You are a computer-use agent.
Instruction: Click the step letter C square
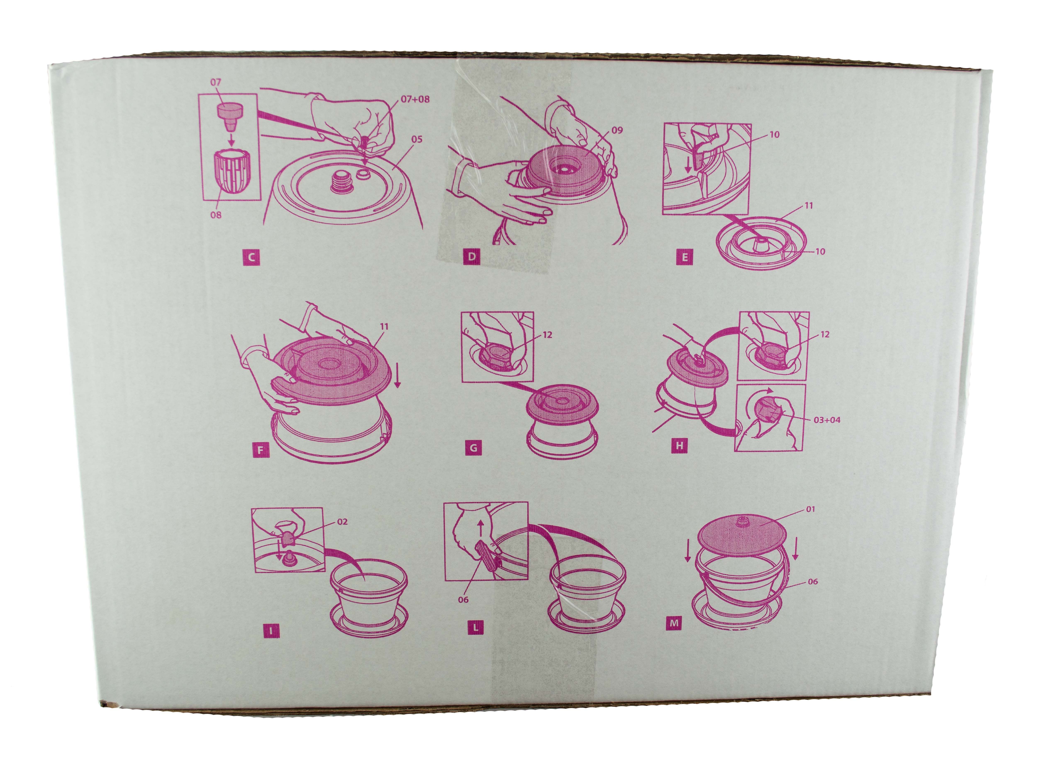pyautogui.click(x=251, y=257)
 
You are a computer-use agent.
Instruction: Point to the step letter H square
pyautogui.click(x=680, y=445)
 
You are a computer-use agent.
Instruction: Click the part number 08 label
pyautogui.click(x=216, y=215)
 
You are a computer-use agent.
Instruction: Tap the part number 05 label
pyautogui.click(x=417, y=139)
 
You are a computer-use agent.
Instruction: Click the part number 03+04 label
pyautogui.click(x=827, y=420)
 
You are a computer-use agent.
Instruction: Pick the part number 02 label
pyautogui.click(x=342, y=522)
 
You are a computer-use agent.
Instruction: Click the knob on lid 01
pyautogui.click(x=741, y=522)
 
